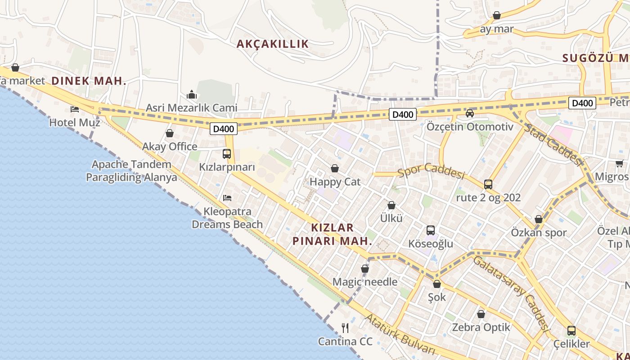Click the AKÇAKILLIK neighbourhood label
coord(273,44)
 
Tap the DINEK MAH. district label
coord(89,81)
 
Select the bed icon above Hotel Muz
coord(75,109)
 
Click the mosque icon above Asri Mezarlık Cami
coord(192,94)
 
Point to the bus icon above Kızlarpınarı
coord(227,154)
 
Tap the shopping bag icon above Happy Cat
coord(335,169)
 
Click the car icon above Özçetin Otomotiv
coord(470,113)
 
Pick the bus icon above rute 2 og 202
coord(488,184)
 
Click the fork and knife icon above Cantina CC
coord(345,328)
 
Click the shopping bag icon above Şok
coord(437,284)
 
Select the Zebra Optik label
coord(481,327)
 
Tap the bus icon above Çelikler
coord(571,331)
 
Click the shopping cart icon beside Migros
coord(619,164)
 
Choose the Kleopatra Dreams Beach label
coord(227,218)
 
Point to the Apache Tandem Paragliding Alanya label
coord(131,171)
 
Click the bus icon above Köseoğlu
coord(431,230)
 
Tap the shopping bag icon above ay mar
coord(497,16)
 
